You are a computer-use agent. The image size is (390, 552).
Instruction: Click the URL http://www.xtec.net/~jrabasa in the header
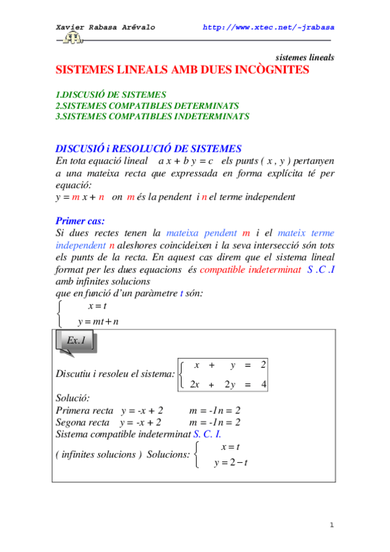(269, 27)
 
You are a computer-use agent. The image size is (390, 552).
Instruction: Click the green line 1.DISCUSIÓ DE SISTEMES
(111, 94)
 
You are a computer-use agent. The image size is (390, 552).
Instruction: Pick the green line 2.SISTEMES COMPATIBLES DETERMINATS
(147, 105)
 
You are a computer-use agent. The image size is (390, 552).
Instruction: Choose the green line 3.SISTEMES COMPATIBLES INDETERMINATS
(152, 116)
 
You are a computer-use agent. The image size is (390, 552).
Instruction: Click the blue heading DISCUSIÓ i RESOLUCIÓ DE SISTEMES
(148, 148)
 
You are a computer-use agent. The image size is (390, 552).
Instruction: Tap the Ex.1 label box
(76, 341)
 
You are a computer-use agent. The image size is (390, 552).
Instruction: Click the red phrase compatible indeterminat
(251, 269)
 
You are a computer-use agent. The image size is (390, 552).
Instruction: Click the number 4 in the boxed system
(263, 385)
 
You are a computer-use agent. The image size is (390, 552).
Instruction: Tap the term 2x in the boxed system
(194, 385)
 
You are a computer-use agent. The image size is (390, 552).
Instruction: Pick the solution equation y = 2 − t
(227, 463)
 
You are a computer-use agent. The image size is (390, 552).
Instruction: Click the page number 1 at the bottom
(331, 525)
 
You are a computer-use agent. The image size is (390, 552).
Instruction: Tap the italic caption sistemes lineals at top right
(305, 57)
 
